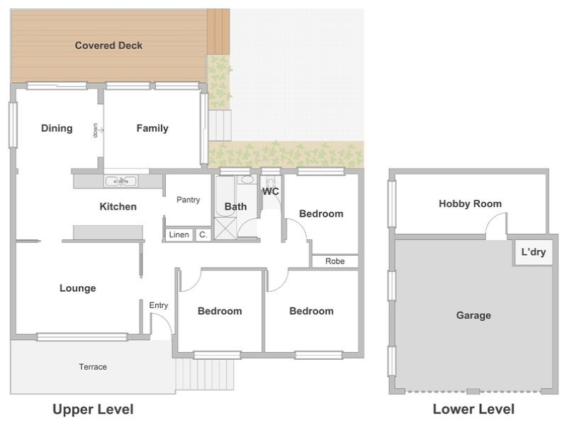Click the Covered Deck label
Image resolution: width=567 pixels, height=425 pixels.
(x=108, y=45)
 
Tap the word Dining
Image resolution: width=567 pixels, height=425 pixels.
(x=57, y=128)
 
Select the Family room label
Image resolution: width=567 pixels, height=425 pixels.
(x=152, y=128)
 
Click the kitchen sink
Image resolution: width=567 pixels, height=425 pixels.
(x=120, y=181)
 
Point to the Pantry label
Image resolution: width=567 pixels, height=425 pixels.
(x=188, y=200)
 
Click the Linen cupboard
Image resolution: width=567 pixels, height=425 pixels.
(x=179, y=235)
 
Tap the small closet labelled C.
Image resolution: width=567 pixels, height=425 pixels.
(x=203, y=235)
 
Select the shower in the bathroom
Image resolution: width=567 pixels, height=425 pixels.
(x=225, y=228)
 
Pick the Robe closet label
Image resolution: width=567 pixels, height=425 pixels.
(x=335, y=261)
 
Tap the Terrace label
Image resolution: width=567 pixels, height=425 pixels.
(x=93, y=367)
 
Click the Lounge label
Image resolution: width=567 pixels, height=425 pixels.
(x=78, y=288)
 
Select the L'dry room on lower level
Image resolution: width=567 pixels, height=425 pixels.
(x=534, y=252)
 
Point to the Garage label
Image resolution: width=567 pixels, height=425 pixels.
(x=473, y=315)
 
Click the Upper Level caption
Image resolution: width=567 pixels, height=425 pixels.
(x=93, y=409)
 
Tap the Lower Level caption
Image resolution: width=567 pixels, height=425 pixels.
(x=473, y=409)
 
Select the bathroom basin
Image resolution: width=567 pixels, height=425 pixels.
(x=247, y=180)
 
